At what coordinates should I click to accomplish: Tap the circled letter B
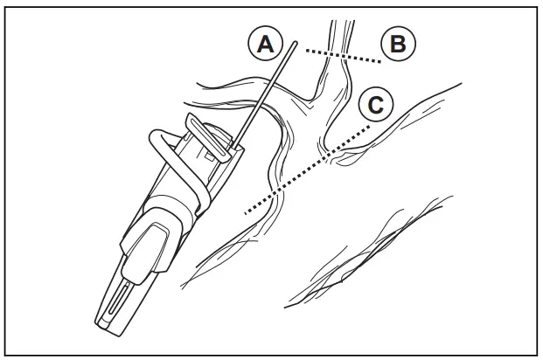[398, 45]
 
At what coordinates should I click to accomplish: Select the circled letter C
[374, 105]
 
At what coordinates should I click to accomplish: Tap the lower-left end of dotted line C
[245, 212]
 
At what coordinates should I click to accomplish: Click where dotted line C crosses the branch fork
[325, 157]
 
